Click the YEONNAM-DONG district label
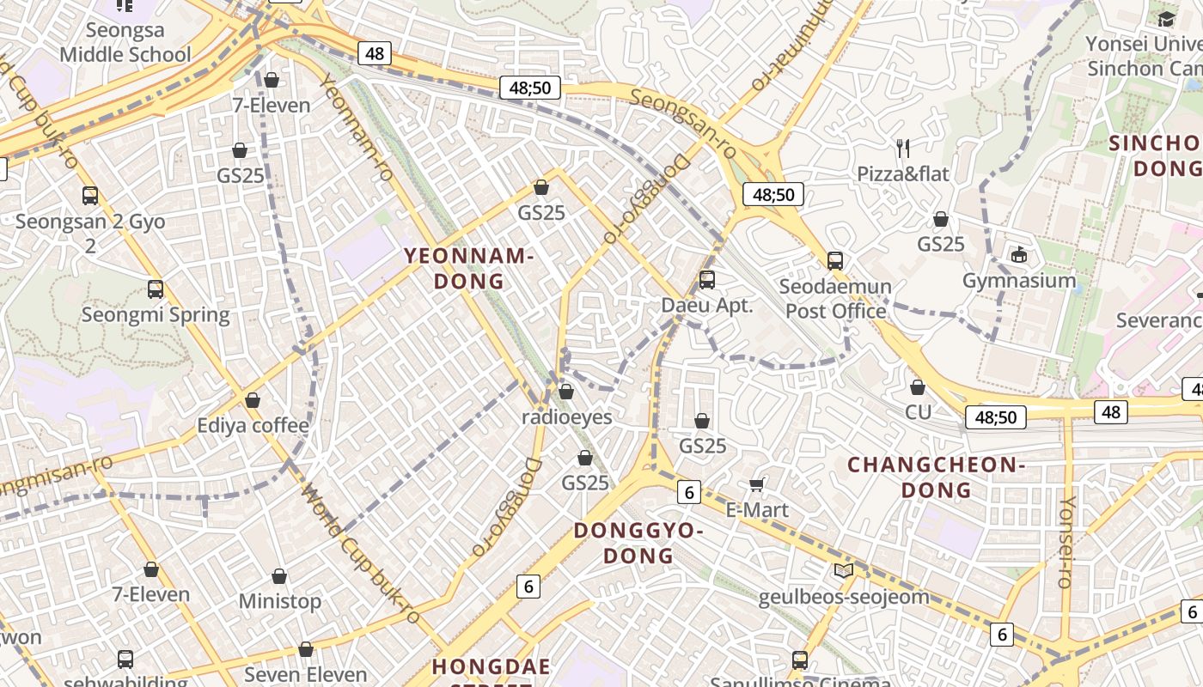(468, 268)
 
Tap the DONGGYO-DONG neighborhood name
(638, 543)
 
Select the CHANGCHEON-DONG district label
(937, 477)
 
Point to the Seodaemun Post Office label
(835, 298)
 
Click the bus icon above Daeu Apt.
(706, 279)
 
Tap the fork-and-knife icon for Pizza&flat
(902, 149)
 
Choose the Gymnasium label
(1018, 280)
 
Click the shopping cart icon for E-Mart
(757, 485)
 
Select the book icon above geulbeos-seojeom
(844, 571)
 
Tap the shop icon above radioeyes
(565, 392)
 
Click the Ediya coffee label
(253, 425)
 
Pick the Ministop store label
(279, 600)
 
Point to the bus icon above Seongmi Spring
(156, 289)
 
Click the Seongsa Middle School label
(125, 42)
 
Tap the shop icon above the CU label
(918, 387)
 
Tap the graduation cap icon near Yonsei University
(1166, 19)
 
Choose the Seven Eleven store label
(306, 674)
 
